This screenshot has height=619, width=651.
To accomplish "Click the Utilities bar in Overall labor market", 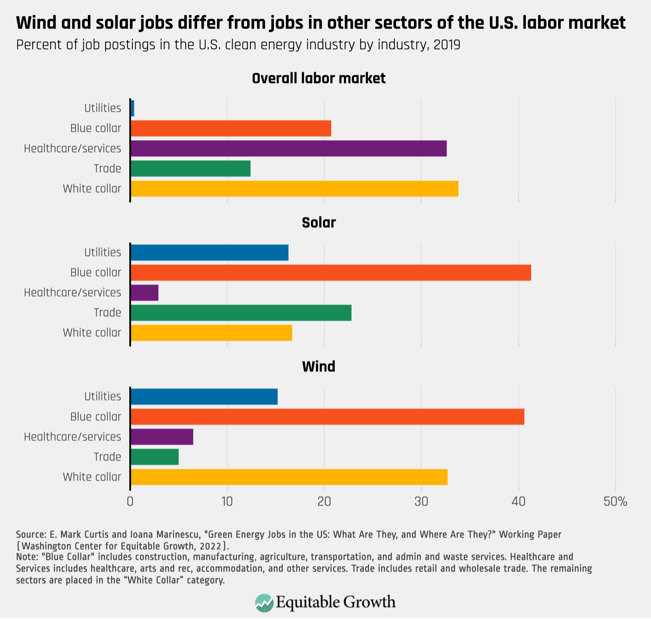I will click(132, 108).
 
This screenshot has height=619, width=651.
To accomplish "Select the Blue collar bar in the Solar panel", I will click(331, 272).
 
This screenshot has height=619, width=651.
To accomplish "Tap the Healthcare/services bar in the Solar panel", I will click(144, 292).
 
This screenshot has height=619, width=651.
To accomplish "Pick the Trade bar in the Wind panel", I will click(154, 457).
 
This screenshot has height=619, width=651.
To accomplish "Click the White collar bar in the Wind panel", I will click(289, 477).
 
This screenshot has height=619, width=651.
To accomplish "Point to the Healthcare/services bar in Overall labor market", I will click(288, 148).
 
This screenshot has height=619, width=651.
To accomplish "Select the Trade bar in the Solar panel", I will click(241, 313).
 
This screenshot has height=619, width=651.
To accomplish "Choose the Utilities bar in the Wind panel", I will click(204, 396).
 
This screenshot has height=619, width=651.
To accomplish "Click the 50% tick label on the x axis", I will click(615, 502).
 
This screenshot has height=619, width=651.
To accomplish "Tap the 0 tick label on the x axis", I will click(130, 502).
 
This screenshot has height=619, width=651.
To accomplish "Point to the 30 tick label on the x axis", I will click(421, 502).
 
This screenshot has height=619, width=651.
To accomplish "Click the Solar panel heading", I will click(319, 223).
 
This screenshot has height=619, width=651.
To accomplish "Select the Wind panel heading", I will click(319, 367).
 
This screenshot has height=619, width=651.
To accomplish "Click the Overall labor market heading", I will click(319, 78).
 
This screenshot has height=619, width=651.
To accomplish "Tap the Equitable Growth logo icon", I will click(264, 603).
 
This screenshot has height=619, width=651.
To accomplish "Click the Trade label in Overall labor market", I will click(107, 169).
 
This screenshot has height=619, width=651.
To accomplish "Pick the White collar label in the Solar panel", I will click(92, 333).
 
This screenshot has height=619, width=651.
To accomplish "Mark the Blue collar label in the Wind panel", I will click(96, 417).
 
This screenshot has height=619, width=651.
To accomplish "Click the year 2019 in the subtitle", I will click(447, 45).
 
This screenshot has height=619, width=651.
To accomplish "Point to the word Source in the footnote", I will click(31, 534).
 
